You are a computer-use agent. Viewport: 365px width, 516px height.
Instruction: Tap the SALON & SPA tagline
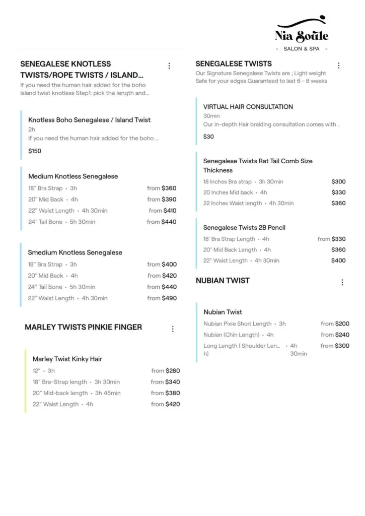302,49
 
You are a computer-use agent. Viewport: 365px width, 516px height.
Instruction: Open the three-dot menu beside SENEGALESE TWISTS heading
339,66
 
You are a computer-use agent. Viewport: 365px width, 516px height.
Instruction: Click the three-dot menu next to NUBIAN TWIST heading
342,283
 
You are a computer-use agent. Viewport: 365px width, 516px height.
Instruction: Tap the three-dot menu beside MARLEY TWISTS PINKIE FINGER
173,329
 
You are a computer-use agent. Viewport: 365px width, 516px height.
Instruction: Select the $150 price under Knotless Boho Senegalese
35,151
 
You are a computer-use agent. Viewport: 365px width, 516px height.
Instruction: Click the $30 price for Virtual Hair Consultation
208,137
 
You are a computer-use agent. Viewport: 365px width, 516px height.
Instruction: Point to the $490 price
169,298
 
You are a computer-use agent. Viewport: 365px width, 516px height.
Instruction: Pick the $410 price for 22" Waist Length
170,211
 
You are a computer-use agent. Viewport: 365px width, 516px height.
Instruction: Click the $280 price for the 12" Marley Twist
173,371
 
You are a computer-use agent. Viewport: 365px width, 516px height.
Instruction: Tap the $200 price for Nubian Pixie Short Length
342,324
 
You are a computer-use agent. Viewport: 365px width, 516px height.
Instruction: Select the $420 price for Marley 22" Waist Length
173,404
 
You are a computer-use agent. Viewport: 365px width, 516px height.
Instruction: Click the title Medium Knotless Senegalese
73,176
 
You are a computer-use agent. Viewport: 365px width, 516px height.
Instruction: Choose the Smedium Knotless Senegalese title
75,252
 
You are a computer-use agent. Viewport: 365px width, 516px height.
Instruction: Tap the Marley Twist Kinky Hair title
67,359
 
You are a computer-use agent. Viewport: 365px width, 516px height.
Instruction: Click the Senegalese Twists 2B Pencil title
244,228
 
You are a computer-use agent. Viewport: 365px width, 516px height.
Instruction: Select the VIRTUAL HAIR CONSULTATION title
248,107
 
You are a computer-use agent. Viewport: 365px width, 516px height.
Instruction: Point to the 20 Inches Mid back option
228,192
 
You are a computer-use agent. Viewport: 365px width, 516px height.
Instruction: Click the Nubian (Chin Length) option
231,335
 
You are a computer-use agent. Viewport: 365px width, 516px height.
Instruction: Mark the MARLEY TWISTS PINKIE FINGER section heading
83,327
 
